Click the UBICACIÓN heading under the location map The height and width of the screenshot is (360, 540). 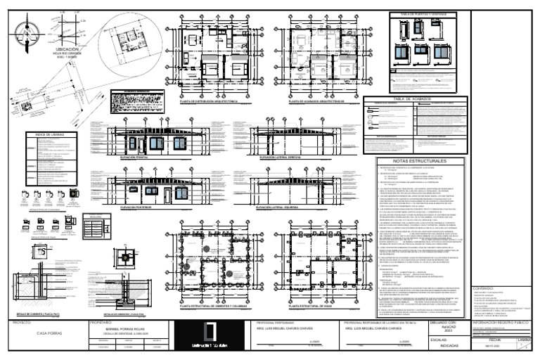(57, 49)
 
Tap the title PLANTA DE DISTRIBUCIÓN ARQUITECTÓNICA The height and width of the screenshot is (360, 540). (209, 101)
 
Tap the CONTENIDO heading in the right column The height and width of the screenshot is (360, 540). (484, 288)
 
